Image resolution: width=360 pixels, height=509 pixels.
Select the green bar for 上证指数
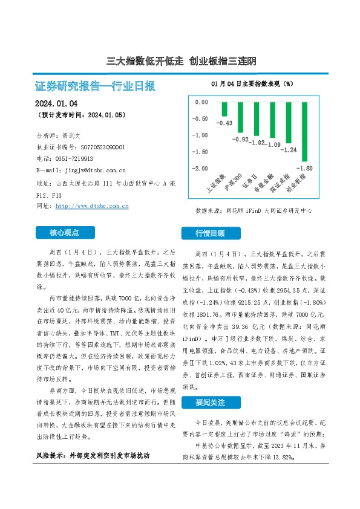(224, 109)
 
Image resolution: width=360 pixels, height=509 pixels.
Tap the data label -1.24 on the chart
(290, 149)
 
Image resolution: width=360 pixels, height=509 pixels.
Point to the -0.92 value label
(241, 140)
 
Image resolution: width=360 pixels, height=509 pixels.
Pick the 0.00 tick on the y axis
(201, 102)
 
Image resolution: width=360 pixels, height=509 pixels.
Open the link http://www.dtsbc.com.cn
(92, 206)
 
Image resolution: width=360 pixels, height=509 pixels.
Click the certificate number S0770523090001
(94, 147)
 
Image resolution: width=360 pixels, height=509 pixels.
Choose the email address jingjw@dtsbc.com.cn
(90, 170)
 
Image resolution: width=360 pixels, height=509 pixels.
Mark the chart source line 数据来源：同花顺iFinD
(254, 212)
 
